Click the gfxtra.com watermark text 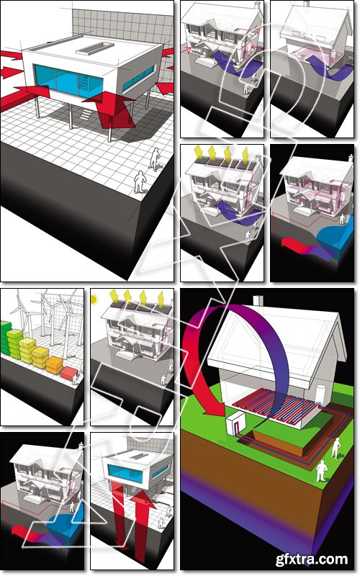(312, 559)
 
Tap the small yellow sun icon (94, 300)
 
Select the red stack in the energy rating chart (68, 373)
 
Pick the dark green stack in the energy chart (6, 338)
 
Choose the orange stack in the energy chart (54, 365)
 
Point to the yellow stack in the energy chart (27, 350)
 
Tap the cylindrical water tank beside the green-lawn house (320, 393)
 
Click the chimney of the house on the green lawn (259, 300)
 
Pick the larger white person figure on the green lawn (321, 471)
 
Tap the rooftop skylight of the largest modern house (95, 48)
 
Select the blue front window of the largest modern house (69, 80)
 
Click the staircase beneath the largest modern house (85, 114)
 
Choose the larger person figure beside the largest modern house (140, 182)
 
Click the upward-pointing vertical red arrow (141, 521)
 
